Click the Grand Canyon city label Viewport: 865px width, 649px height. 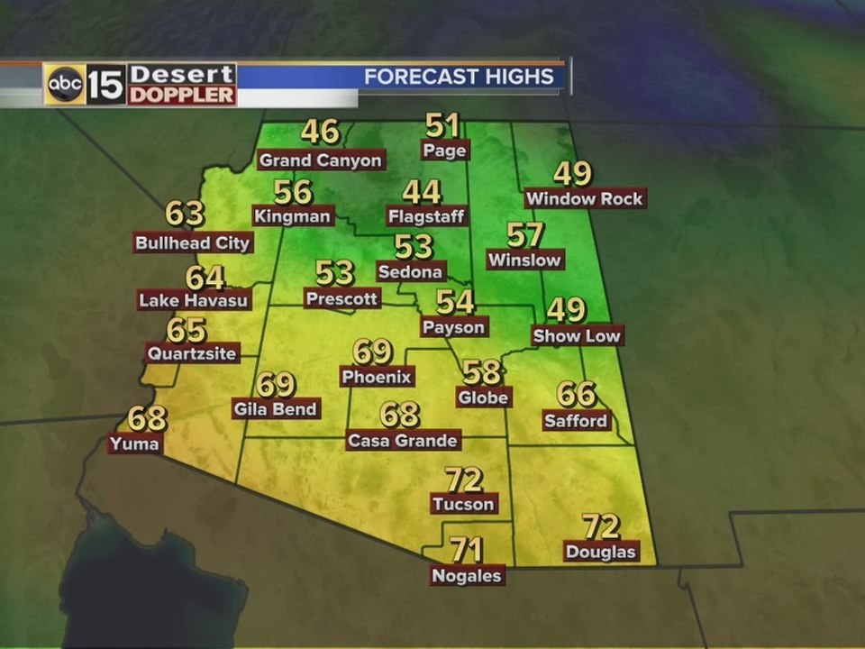pos(321,160)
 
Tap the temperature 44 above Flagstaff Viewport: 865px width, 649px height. pos(422,192)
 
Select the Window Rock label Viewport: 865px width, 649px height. pos(585,198)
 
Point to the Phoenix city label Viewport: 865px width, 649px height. pos(377,377)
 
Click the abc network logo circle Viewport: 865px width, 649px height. pos(65,85)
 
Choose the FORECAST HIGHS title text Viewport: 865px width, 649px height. pos(459,77)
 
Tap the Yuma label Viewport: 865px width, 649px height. pos(135,443)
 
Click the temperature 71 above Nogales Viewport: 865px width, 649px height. pos(467,549)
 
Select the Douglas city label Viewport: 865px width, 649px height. pos(601,552)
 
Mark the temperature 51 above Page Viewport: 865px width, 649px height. pos(443,125)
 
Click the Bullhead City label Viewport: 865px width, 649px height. pos(193,242)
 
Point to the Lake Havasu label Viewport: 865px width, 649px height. pos(194,300)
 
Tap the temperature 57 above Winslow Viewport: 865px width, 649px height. pos(524,235)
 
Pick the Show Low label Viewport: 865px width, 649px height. pos(577,336)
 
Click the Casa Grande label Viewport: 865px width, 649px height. pos(404,441)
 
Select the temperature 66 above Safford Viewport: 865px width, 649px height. pos(577,394)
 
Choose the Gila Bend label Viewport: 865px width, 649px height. pos(276,409)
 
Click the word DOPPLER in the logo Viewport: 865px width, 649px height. pos(182,96)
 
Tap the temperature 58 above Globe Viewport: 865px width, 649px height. pos(482,370)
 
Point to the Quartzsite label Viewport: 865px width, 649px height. pos(192,353)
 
